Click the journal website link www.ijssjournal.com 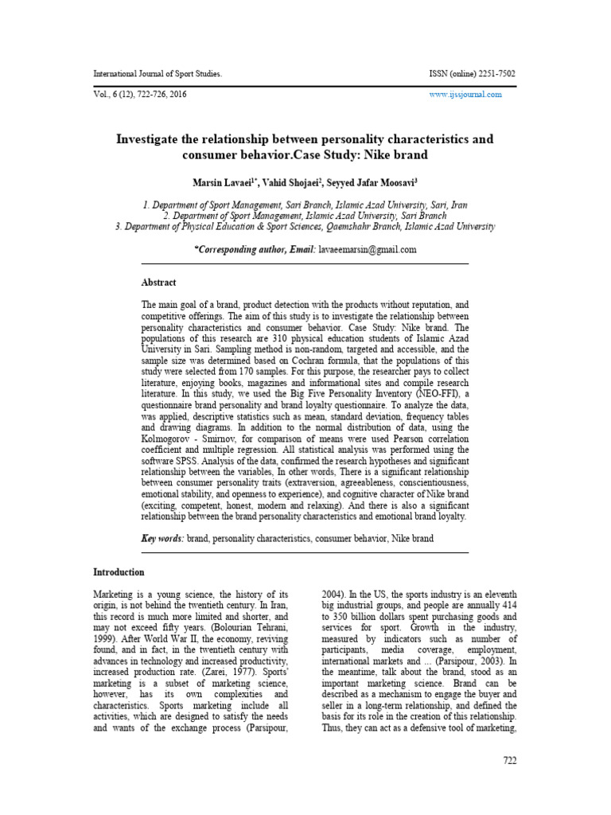coord(465,94)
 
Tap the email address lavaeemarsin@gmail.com coord(368,249)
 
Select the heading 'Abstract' coord(158,283)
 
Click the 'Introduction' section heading coord(119,571)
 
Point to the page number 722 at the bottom coord(509,760)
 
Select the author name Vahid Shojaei coord(294,183)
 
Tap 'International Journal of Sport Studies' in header coord(157,74)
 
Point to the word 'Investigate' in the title coord(155,139)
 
